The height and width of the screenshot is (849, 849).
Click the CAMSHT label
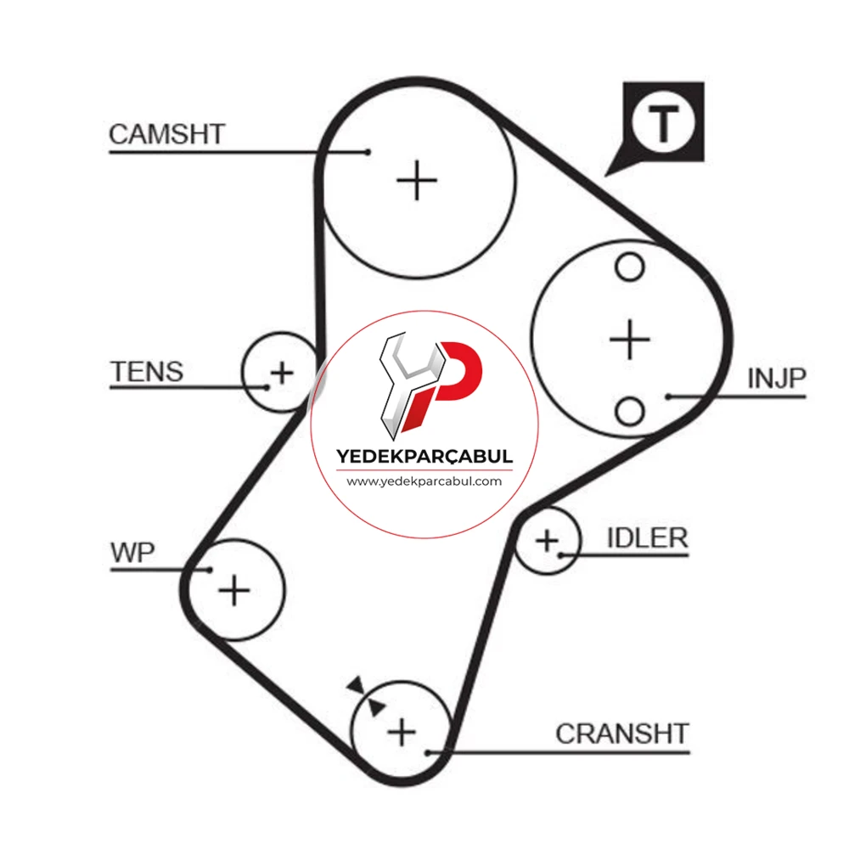click(166, 134)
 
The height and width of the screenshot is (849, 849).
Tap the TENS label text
click(147, 372)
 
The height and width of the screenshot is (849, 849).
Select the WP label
click(132, 553)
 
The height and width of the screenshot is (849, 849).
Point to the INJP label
click(777, 379)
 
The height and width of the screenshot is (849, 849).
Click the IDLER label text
click(648, 537)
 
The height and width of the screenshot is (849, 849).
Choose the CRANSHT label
click(622, 734)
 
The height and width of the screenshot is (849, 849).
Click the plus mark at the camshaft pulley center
click(416, 180)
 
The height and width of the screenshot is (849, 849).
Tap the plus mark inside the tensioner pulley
click(282, 373)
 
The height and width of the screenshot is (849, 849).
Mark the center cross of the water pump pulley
click(234, 590)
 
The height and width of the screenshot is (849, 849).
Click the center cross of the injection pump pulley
click(629, 340)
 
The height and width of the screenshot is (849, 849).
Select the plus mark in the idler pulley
click(547, 540)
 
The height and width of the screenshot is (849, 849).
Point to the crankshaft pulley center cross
click(402, 733)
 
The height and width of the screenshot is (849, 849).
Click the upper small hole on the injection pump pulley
click(630, 267)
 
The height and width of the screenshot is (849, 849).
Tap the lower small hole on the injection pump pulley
click(630, 411)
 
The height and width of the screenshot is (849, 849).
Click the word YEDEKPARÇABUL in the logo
click(424, 456)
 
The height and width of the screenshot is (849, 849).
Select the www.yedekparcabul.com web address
click(424, 481)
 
